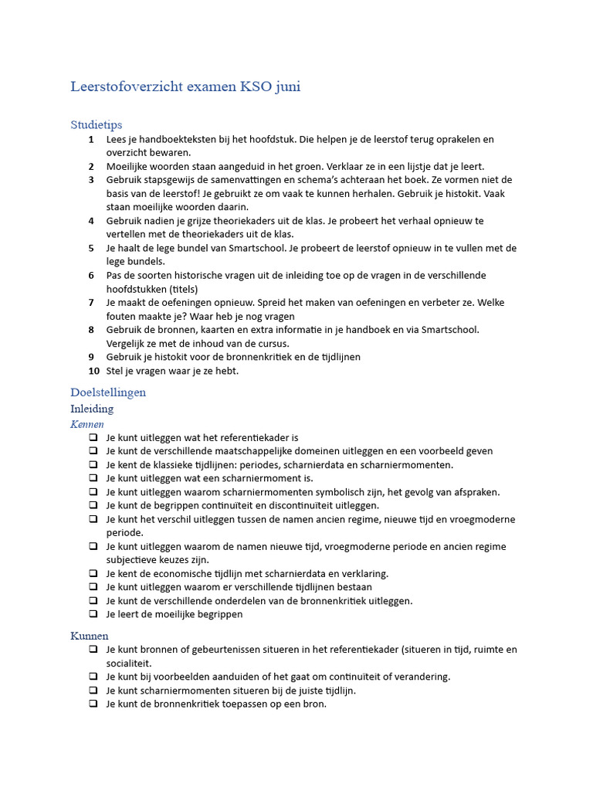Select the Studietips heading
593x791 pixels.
[96, 124]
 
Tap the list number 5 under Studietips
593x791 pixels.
[91, 248]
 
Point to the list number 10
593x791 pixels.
[93, 371]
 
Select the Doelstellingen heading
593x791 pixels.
[108, 392]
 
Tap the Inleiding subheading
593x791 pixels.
[92, 409]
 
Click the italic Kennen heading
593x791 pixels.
[87, 424]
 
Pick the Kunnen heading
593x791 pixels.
[89, 636]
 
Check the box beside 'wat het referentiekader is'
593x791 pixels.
[93, 438]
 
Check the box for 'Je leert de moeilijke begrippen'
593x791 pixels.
[93, 615]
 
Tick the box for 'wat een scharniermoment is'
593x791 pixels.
[93, 479]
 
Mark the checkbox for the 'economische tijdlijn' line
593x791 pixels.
[93, 574]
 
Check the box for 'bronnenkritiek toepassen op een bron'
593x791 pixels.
[93, 704]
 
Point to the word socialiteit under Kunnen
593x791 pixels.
[129, 664]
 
